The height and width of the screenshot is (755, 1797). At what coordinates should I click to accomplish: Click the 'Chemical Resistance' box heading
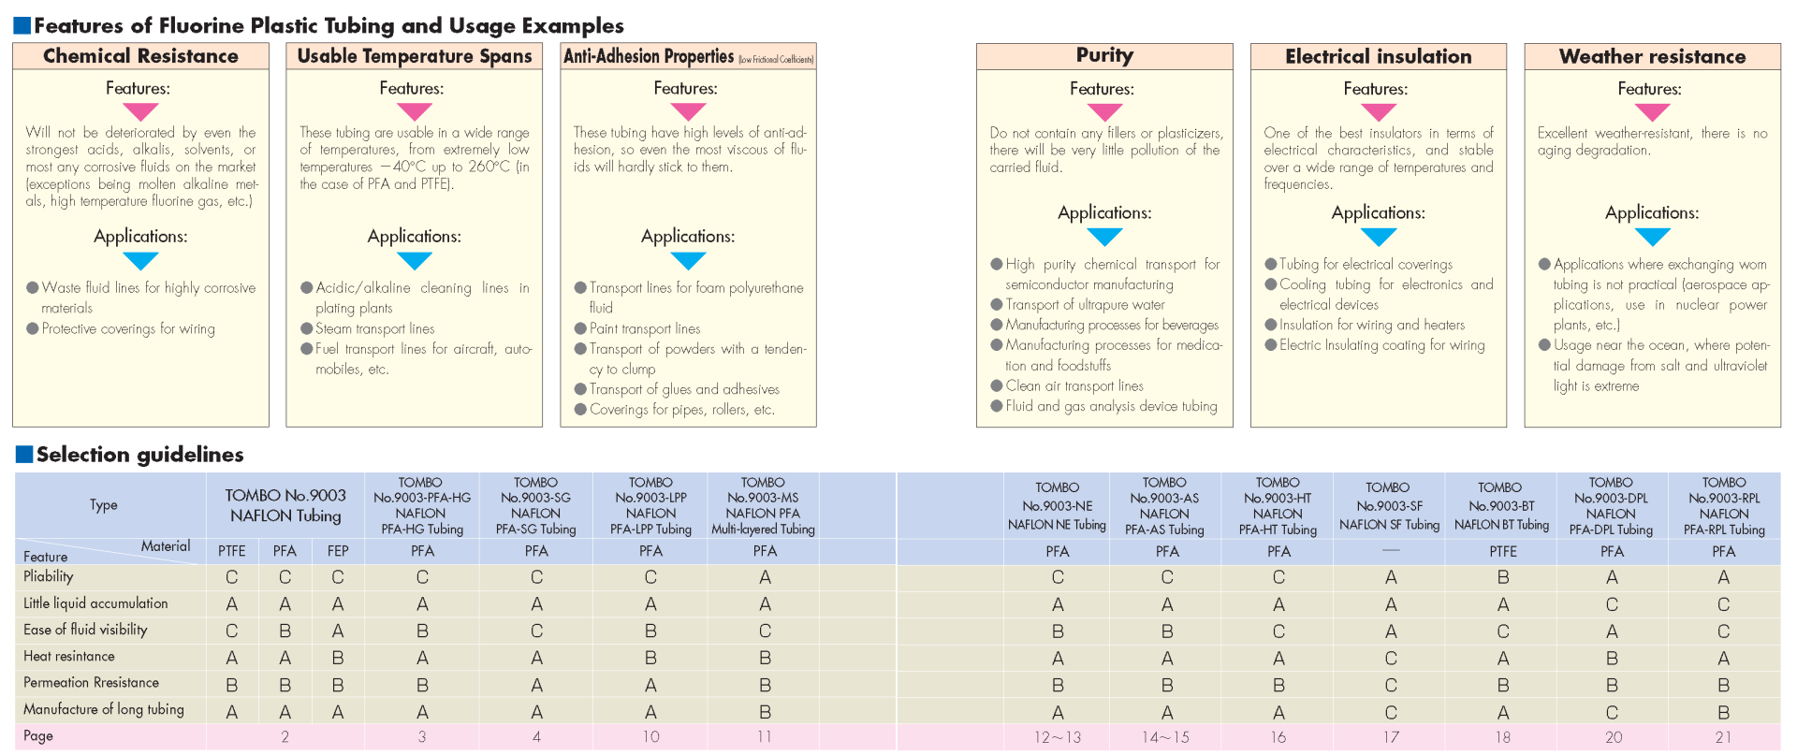140,56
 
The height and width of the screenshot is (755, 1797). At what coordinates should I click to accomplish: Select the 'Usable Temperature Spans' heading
414,56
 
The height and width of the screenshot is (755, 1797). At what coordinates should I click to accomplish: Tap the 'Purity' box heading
1104,55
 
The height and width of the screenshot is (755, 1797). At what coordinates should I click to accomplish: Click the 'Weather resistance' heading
1652,56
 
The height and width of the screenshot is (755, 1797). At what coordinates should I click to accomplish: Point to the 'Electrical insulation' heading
1378,56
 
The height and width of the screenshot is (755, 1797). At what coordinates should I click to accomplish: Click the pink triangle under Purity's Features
1104,111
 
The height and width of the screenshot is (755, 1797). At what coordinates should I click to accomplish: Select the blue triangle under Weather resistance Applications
1652,237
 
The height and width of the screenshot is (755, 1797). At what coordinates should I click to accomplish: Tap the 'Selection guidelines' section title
140,455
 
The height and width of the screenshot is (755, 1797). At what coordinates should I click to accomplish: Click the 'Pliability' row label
49,576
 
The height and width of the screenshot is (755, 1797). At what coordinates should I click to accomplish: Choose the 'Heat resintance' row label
69,656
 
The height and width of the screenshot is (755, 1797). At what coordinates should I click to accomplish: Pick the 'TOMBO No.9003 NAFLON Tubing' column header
285,505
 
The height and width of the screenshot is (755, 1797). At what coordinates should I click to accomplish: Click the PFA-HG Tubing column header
420,505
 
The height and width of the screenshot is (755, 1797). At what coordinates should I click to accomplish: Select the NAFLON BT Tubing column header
1500,506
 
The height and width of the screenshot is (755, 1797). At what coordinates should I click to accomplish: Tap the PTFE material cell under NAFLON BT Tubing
1503,551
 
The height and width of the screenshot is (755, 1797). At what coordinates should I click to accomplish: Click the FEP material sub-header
338,551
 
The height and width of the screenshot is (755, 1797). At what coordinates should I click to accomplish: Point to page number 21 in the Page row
1723,737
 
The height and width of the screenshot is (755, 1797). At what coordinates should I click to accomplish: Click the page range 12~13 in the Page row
1057,737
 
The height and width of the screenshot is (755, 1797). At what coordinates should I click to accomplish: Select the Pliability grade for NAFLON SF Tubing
1391,577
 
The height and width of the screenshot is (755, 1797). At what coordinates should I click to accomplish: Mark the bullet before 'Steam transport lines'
306,328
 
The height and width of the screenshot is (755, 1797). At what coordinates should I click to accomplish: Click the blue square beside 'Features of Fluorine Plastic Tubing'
22,25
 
